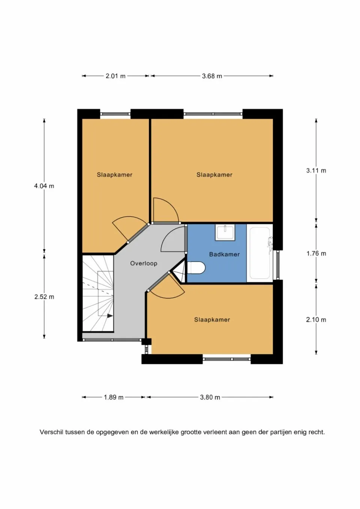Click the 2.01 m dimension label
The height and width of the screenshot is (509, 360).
pyautogui.click(x=115, y=76)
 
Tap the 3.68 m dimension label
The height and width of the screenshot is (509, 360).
pyautogui.click(x=212, y=76)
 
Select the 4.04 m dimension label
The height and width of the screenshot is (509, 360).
pyautogui.click(x=44, y=186)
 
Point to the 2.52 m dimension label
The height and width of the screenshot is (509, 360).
pyautogui.click(x=44, y=297)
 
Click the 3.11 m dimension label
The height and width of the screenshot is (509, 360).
pyautogui.click(x=316, y=171)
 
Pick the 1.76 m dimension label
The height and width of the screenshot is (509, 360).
pyautogui.click(x=316, y=253)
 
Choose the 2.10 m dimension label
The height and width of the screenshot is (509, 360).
pyautogui.click(x=316, y=320)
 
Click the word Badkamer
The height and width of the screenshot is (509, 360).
pyautogui.click(x=224, y=254)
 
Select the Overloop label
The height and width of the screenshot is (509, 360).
pyautogui.click(x=144, y=263)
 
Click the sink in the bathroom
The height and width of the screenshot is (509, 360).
pyautogui.click(x=225, y=232)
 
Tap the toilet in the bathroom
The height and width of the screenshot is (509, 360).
pyautogui.click(x=196, y=268)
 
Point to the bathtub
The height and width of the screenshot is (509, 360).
pyautogui.click(x=260, y=253)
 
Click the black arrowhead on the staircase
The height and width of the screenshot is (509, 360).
pyautogui.click(x=110, y=316)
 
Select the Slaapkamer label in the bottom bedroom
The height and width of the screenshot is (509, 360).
pyautogui.click(x=212, y=320)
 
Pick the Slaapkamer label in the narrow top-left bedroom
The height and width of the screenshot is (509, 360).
pyautogui.click(x=114, y=175)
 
